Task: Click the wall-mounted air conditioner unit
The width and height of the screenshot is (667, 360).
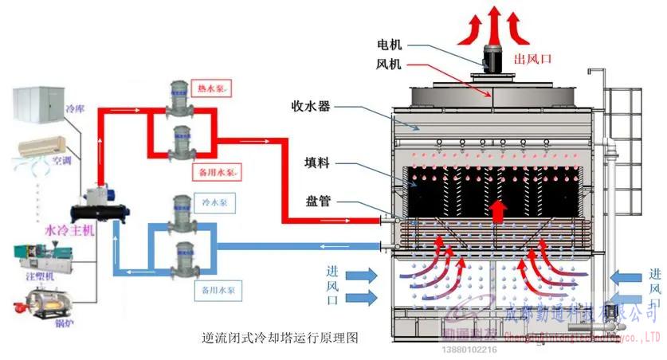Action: tap(48, 149)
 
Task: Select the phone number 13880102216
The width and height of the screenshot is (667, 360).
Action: tap(469, 349)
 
